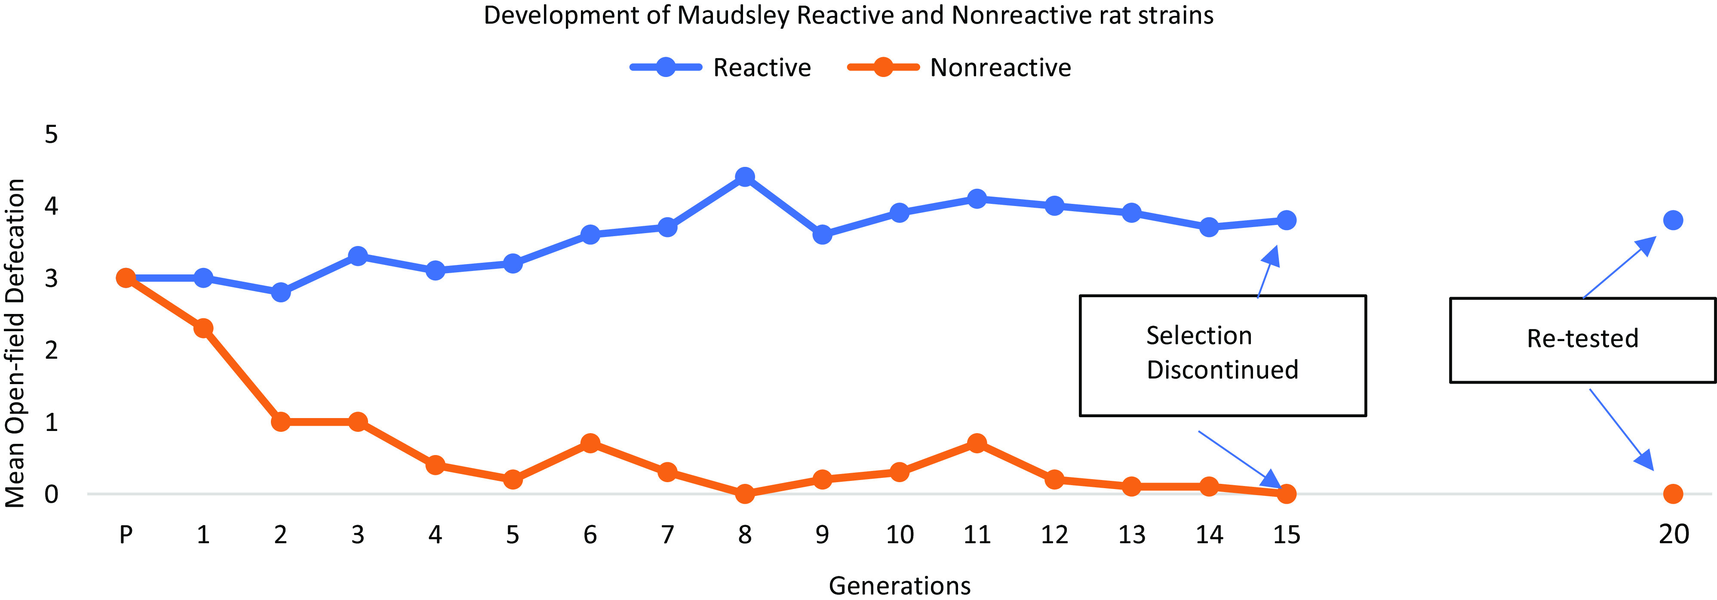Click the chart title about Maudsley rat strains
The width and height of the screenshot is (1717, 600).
tap(848, 15)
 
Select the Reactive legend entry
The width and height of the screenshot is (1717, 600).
tap(721, 68)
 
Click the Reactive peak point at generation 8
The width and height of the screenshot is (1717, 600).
tap(744, 177)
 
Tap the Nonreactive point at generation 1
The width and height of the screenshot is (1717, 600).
tap(203, 328)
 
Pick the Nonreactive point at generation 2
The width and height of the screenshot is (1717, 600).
tap(281, 422)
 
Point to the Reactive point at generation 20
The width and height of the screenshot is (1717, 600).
tap(1673, 220)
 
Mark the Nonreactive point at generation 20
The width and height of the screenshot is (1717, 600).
tap(1673, 494)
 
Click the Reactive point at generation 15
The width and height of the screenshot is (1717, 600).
tap(1287, 220)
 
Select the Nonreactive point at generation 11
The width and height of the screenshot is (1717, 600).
tap(977, 443)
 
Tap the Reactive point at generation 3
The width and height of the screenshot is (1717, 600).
tap(358, 256)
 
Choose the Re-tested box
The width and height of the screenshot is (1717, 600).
tap(1582, 340)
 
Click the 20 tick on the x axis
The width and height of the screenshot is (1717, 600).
tap(1674, 535)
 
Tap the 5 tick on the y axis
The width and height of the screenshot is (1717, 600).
tap(51, 135)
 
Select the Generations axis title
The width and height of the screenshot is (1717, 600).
tap(899, 585)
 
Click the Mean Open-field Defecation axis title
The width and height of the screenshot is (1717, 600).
tap(15, 343)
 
